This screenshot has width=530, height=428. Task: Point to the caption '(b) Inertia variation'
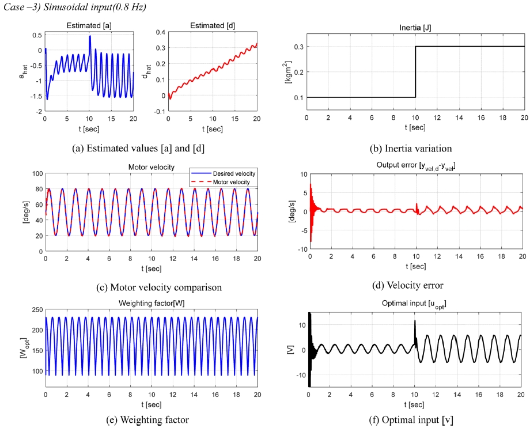pos(414,147)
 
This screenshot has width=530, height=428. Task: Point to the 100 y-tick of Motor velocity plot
pos(36,173)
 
